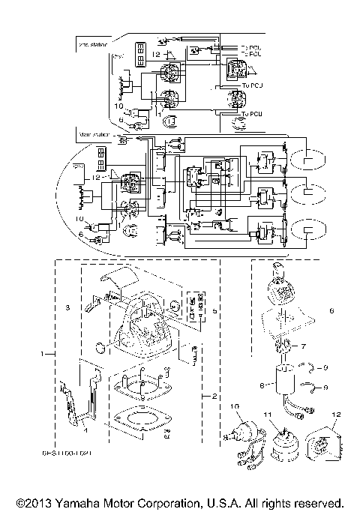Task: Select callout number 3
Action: (x=67, y=308)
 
